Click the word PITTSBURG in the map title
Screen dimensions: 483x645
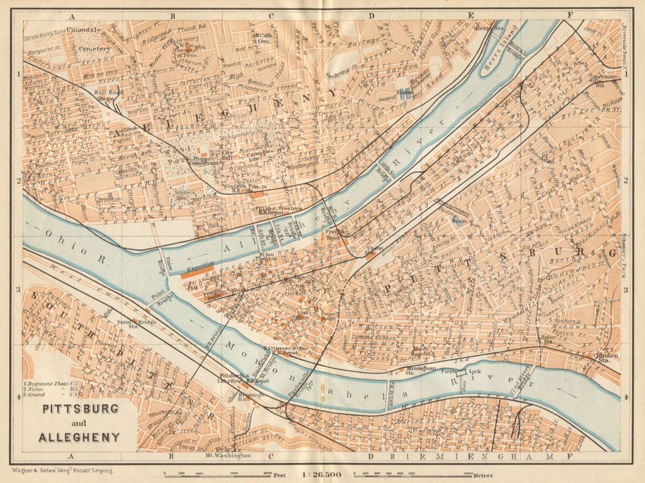coord(81,409)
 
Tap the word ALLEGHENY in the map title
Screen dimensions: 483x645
coord(79,437)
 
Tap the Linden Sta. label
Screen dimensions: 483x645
coord(603,357)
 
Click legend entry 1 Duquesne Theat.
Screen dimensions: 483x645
coord(50,383)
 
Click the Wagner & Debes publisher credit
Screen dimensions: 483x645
coord(54,473)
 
